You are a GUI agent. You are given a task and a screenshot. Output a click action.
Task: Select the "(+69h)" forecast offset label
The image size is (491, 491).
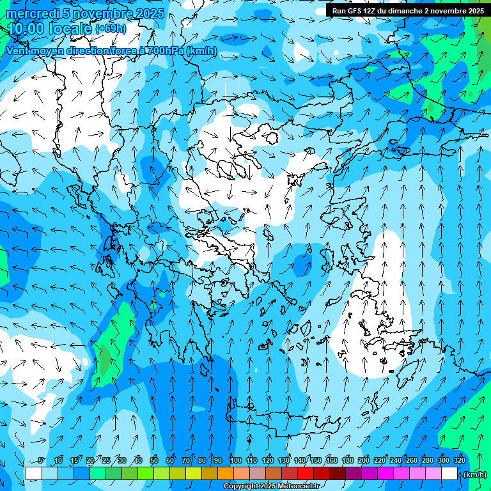(x=111, y=29)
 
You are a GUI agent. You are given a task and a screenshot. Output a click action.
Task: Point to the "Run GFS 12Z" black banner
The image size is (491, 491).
(x=408, y=11)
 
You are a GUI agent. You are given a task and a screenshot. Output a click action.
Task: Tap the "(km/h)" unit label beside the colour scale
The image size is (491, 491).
(x=474, y=474)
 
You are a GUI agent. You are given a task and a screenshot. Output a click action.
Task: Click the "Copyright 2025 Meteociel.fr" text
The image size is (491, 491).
(x=271, y=487)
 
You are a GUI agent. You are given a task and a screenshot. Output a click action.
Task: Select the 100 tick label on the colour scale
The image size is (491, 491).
(x=235, y=461)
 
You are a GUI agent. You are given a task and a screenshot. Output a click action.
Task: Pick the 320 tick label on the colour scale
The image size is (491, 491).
(x=459, y=461)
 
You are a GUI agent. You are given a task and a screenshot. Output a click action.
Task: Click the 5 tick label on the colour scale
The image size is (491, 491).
(x=42, y=461)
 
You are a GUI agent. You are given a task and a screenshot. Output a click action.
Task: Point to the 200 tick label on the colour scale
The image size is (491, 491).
(x=363, y=461)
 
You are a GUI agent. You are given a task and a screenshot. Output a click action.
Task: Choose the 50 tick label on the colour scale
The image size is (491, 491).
(x=154, y=461)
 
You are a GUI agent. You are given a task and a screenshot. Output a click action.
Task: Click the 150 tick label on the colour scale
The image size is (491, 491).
(x=315, y=461)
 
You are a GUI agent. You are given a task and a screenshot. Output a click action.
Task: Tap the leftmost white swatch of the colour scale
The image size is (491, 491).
(x=33, y=474)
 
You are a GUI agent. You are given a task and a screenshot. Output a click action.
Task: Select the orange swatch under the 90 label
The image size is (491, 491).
(x=226, y=474)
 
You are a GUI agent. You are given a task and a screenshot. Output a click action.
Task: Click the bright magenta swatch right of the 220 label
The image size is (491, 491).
(x=386, y=474)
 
